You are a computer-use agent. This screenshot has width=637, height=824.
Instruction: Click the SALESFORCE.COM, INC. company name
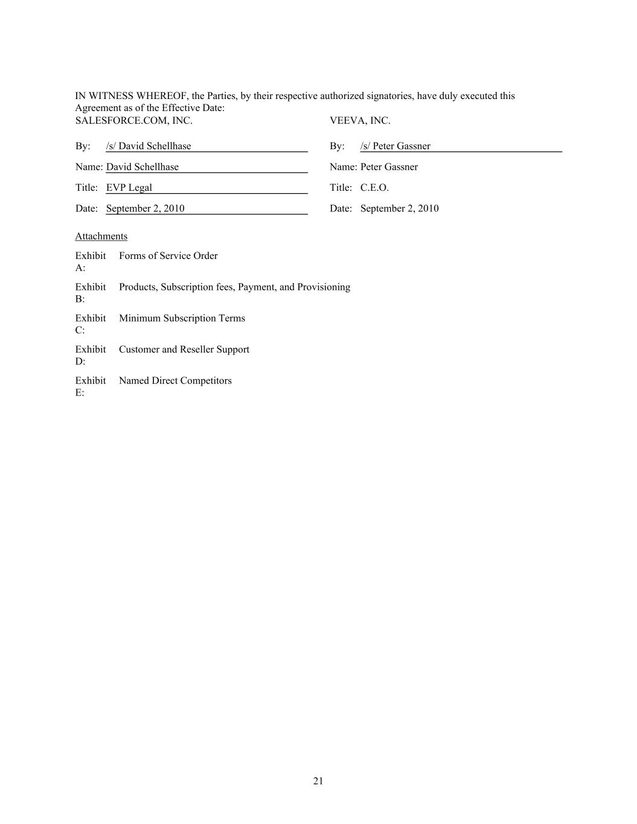[x=133, y=121]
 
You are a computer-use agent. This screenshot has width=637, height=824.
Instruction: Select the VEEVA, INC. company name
[x=360, y=121]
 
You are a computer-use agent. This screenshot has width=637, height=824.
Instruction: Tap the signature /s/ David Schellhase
[x=149, y=146]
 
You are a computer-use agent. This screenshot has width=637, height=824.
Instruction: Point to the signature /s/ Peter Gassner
[x=395, y=146]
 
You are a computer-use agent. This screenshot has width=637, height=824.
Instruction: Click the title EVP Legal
[x=129, y=188]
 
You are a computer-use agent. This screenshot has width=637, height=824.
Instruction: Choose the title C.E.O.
[x=374, y=188]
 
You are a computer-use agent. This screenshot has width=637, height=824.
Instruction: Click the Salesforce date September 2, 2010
[x=146, y=208]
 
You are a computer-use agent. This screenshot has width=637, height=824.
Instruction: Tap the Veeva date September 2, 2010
[x=400, y=208]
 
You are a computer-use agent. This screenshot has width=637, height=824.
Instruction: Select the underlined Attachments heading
[x=101, y=236]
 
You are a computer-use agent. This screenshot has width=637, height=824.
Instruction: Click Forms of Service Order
[x=168, y=256]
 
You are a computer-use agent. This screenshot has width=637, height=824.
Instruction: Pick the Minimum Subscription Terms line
[x=182, y=318]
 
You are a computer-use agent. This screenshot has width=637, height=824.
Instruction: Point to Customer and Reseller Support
[x=184, y=350]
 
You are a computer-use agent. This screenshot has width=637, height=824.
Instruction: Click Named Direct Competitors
[x=175, y=381]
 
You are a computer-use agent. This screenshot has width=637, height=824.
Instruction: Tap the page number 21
[x=318, y=781]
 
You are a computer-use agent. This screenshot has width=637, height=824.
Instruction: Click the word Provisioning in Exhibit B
[x=324, y=287]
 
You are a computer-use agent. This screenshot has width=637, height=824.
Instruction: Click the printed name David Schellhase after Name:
[x=142, y=167]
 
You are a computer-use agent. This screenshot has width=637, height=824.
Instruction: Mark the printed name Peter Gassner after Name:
[x=389, y=167]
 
